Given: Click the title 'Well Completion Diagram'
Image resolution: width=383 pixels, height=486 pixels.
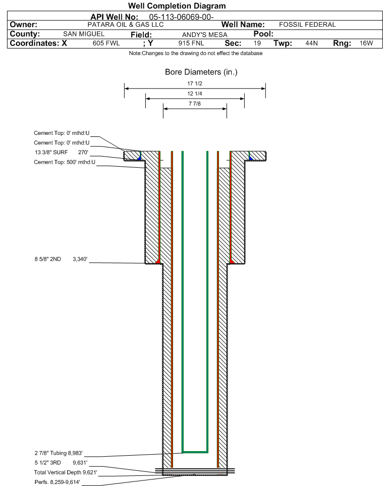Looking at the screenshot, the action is click(x=177, y=6).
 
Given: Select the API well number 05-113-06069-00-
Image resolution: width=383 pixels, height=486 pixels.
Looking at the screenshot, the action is click(x=181, y=17).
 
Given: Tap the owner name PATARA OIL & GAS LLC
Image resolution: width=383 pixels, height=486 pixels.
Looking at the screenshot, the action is click(x=126, y=25).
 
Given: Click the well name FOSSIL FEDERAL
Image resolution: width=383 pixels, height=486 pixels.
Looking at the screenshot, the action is click(x=307, y=25).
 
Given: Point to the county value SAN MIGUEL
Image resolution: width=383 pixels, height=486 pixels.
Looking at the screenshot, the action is click(x=84, y=34).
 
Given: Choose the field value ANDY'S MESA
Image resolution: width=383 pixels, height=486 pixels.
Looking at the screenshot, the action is click(x=205, y=35).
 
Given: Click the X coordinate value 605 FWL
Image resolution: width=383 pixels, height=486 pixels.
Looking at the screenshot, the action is click(x=106, y=43).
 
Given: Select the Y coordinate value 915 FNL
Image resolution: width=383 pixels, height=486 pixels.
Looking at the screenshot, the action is click(x=191, y=43).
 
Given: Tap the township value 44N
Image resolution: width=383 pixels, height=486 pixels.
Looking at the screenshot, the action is click(x=311, y=43).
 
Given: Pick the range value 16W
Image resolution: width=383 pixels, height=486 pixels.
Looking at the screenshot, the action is click(x=366, y=43).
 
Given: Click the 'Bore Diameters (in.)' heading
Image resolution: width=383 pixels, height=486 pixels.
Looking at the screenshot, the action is click(x=201, y=72).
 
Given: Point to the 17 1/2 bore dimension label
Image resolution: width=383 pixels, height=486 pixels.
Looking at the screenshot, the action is click(x=195, y=83).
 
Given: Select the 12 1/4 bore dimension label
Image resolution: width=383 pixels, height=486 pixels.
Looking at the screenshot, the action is click(x=195, y=93).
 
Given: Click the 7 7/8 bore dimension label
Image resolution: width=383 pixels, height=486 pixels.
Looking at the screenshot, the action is click(x=195, y=104).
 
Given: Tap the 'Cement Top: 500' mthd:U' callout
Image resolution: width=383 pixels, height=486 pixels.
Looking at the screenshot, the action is click(x=65, y=162).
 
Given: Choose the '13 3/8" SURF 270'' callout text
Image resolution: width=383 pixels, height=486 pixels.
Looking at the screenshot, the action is click(x=61, y=152).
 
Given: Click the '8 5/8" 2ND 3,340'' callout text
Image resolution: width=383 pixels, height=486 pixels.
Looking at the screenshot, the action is click(x=61, y=259).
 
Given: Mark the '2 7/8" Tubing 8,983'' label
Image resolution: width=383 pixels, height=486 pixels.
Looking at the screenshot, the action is click(x=59, y=453).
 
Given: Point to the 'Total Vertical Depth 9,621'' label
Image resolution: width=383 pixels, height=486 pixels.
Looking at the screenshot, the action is click(x=66, y=472).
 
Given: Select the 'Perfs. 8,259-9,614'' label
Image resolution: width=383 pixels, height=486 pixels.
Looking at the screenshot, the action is click(x=58, y=482).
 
